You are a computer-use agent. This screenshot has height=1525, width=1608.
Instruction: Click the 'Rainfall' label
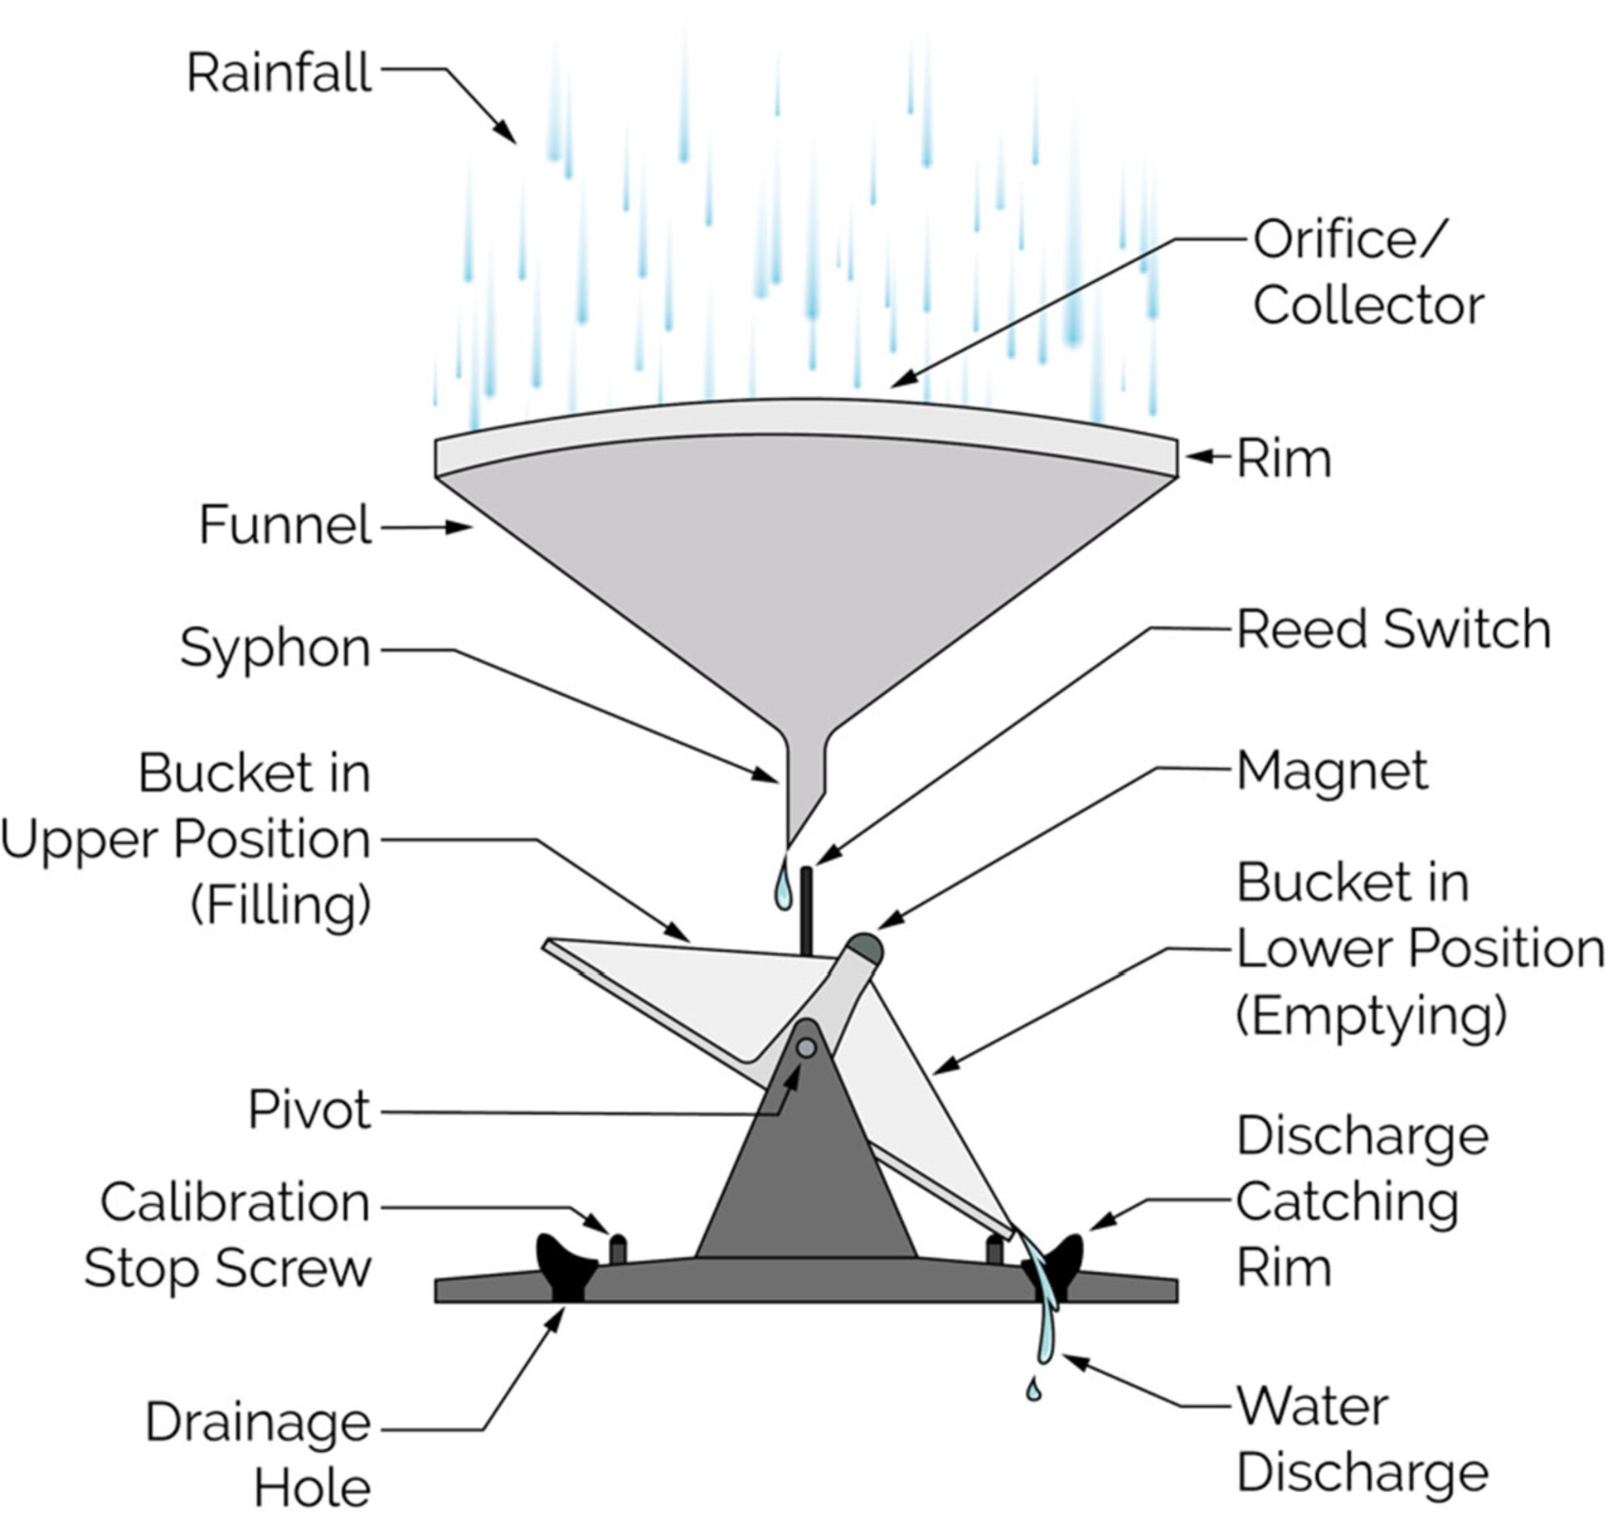(x=279, y=73)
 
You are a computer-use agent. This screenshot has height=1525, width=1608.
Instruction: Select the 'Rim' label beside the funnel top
(x=1283, y=459)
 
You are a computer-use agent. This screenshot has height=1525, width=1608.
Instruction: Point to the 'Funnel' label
(x=284, y=525)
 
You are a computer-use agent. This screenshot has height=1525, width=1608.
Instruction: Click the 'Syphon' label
(x=275, y=648)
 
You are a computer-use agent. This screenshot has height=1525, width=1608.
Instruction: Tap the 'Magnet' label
(x=1332, y=770)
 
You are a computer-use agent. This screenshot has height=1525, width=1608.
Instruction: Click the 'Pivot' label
(x=308, y=1110)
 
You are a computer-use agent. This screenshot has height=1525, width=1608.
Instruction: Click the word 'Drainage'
(x=258, y=1423)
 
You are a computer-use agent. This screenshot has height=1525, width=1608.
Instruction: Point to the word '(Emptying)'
(x=1371, y=1016)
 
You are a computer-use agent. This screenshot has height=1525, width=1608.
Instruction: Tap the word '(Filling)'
(x=280, y=905)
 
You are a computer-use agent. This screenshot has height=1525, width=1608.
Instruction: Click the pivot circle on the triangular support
(x=805, y=1048)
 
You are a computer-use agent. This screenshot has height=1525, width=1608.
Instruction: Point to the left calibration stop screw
(x=618, y=1249)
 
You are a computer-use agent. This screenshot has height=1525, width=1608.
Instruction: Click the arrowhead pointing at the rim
(x=1197, y=455)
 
